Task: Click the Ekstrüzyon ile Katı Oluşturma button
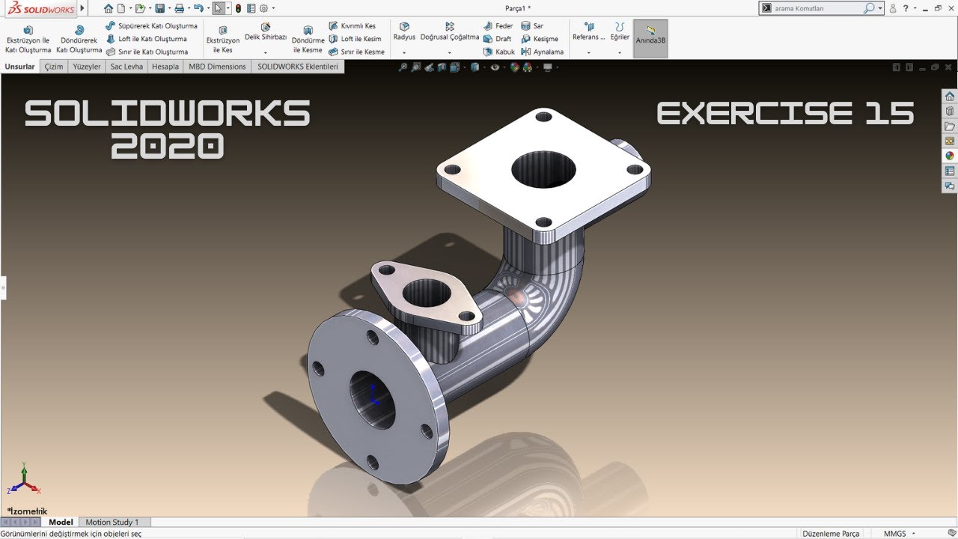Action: pos(28,39)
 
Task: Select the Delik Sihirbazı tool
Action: pos(266,31)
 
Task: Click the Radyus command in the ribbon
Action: pos(404,31)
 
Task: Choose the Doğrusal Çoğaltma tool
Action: pos(449,31)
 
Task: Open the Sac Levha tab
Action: pos(126,67)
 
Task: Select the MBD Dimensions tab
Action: pos(217,67)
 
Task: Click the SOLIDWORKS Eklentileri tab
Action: pos(298,67)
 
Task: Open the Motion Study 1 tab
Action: pos(112,522)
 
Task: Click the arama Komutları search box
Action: pos(816,8)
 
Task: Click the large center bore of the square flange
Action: pos(543,171)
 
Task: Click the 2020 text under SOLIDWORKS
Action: pos(167,146)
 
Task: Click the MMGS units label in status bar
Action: pos(894,534)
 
